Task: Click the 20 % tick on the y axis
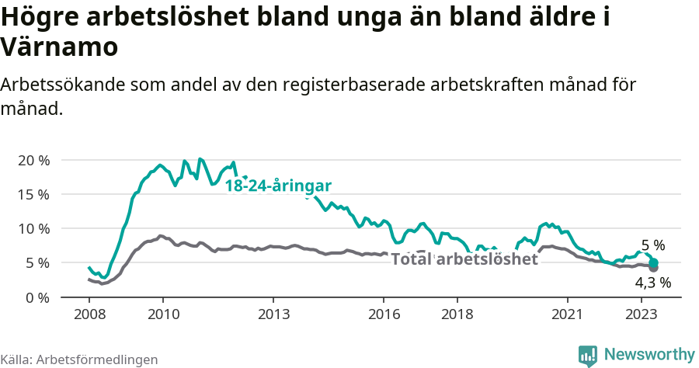(x=33, y=160)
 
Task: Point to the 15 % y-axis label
(x=33, y=194)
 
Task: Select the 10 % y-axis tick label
(x=33, y=228)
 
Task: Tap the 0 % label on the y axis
(x=37, y=297)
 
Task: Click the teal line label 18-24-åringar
(x=278, y=186)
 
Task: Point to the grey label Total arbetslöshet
(x=464, y=259)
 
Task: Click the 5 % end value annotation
(x=652, y=245)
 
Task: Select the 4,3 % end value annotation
(x=652, y=283)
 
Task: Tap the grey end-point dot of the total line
(x=653, y=268)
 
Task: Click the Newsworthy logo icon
(x=588, y=355)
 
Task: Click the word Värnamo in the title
(x=60, y=47)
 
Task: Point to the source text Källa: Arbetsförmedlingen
(x=79, y=359)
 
